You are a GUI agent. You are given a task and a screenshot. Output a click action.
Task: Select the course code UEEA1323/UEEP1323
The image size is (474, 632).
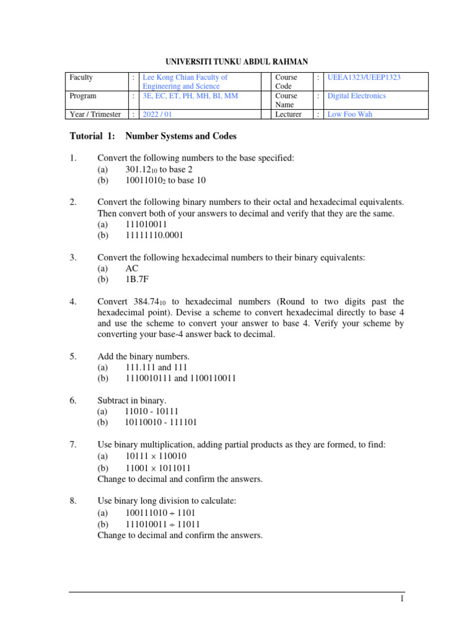[364, 77]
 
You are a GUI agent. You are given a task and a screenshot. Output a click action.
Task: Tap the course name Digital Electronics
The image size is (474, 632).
[356, 96]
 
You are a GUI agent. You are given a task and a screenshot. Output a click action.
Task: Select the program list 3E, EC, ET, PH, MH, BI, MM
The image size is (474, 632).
[190, 96]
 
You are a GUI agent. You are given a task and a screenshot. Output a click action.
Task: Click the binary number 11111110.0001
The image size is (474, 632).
[154, 235]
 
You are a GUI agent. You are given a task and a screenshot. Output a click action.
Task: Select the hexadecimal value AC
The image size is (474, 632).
[132, 268]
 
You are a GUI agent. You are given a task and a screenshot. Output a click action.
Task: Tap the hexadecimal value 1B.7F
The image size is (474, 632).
[138, 280]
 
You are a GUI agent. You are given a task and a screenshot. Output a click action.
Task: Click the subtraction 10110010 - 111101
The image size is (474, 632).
[162, 423]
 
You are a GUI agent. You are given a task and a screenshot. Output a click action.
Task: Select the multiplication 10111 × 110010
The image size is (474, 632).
[156, 456]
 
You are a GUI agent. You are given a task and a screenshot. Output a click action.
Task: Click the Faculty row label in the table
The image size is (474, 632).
[81, 77]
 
